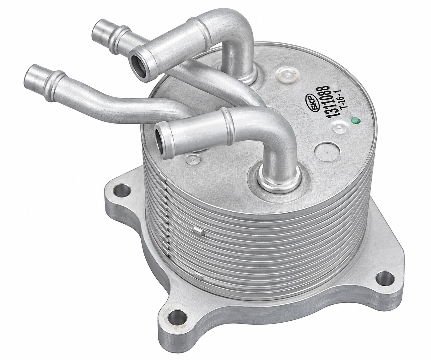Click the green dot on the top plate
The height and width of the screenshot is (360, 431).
click(x=355, y=121)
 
